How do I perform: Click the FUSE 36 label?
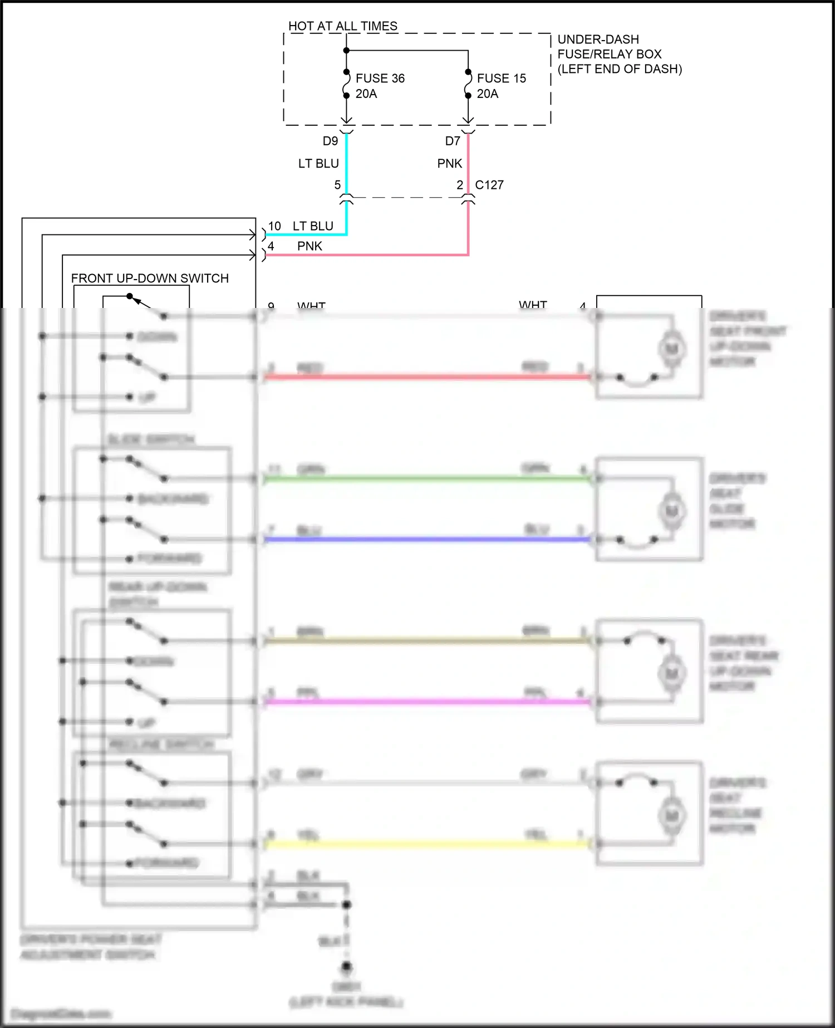[x=380, y=79]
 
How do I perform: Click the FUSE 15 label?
[x=501, y=79]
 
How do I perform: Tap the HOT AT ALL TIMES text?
[x=342, y=26]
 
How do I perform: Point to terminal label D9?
[x=330, y=141]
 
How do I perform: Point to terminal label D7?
[x=452, y=141]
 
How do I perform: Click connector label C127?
[x=489, y=185]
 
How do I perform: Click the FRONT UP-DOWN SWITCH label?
[x=150, y=278]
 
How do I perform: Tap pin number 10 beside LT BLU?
[x=274, y=227]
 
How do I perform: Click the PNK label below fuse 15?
[x=449, y=164]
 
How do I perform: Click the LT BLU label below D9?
[x=318, y=164]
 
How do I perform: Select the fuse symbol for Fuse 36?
[x=346, y=84]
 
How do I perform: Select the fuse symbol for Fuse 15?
[x=468, y=84]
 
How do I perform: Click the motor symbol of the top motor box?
[x=672, y=349]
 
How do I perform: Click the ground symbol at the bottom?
[x=346, y=967]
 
